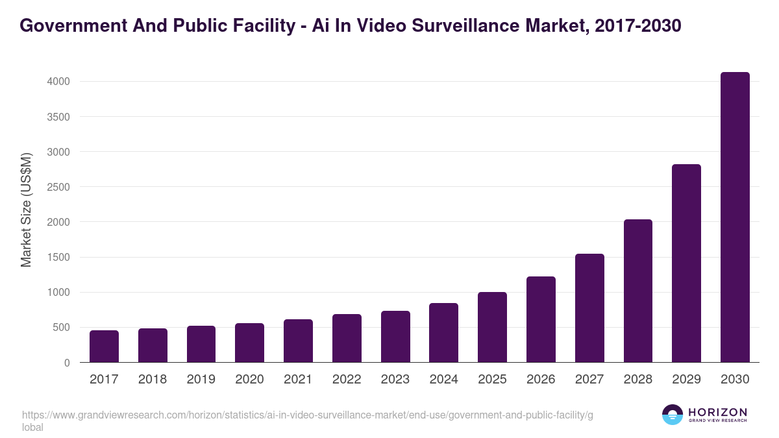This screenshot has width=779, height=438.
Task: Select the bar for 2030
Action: pos(735,217)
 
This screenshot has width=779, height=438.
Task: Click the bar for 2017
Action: pos(104,347)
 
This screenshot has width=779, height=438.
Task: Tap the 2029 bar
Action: pos(686,263)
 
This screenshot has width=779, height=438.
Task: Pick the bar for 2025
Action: pos(492,327)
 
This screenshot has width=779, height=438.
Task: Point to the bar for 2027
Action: pos(589,308)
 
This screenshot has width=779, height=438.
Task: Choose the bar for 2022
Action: pos(347,338)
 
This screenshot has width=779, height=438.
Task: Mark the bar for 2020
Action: pos(249,343)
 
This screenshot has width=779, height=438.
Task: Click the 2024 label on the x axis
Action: pos(443,380)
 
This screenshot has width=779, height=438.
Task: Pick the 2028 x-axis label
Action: pos(637,380)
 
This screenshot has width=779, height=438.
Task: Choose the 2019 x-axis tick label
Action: pos(201,380)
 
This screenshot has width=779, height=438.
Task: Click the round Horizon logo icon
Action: pos(673,415)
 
